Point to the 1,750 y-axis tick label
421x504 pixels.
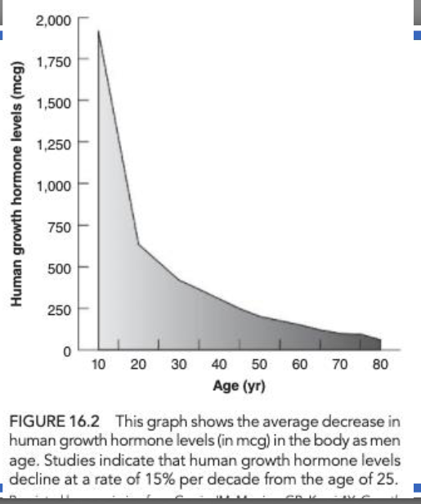tap(54, 60)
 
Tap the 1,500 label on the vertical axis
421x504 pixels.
tap(54, 101)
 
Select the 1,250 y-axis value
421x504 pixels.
tap(54, 143)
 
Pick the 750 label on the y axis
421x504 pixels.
tap(60, 226)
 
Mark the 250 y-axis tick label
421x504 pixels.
tap(60, 309)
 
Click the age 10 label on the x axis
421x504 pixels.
tap(99, 364)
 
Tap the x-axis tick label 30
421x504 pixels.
tap(179, 364)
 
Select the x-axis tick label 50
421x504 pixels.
tap(259, 364)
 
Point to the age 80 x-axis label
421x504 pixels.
tap(379, 364)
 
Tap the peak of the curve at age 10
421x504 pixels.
tap(99, 31)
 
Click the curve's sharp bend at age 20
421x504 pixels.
tap(138, 244)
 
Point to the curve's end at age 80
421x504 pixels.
tap(380, 339)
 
